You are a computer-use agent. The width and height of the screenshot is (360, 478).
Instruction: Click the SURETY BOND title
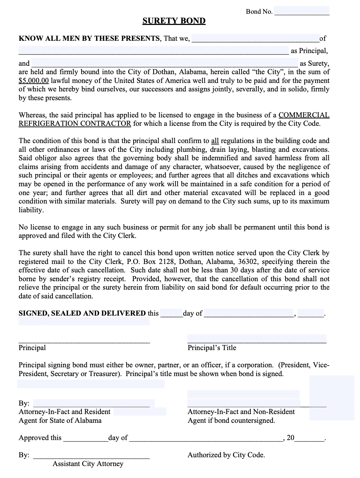click(x=174, y=21)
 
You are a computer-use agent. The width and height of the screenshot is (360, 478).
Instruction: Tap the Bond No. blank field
click(x=302, y=11)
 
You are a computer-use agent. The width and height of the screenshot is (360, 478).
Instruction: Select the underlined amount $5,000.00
click(x=34, y=80)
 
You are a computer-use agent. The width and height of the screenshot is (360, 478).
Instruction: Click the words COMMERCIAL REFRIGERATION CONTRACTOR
click(x=304, y=115)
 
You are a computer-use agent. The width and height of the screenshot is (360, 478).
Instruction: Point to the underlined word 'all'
click(x=215, y=141)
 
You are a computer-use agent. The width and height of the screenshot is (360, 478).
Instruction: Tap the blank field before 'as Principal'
click(x=154, y=51)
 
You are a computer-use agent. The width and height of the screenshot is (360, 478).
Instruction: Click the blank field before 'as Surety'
click(x=165, y=64)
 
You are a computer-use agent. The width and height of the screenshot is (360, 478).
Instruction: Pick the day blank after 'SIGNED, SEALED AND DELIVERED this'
click(x=171, y=313)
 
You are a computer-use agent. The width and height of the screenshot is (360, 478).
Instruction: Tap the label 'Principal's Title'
click(x=212, y=348)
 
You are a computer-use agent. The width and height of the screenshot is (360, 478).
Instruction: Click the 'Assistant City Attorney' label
click(x=88, y=464)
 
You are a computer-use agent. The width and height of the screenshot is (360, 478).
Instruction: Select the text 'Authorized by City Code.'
click(x=226, y=455)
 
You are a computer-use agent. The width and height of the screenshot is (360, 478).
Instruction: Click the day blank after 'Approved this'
click(x=85, y=438)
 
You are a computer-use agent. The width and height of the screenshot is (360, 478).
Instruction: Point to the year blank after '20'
click(x=309, y=438)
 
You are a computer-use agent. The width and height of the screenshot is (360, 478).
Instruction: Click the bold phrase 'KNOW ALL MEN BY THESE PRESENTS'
click(x=89, y=38)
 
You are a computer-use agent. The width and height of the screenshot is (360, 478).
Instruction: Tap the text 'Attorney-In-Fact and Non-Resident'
click(x=241, y=412)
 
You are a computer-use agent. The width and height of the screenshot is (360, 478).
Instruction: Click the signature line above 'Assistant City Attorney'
click(x=91, y=456)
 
